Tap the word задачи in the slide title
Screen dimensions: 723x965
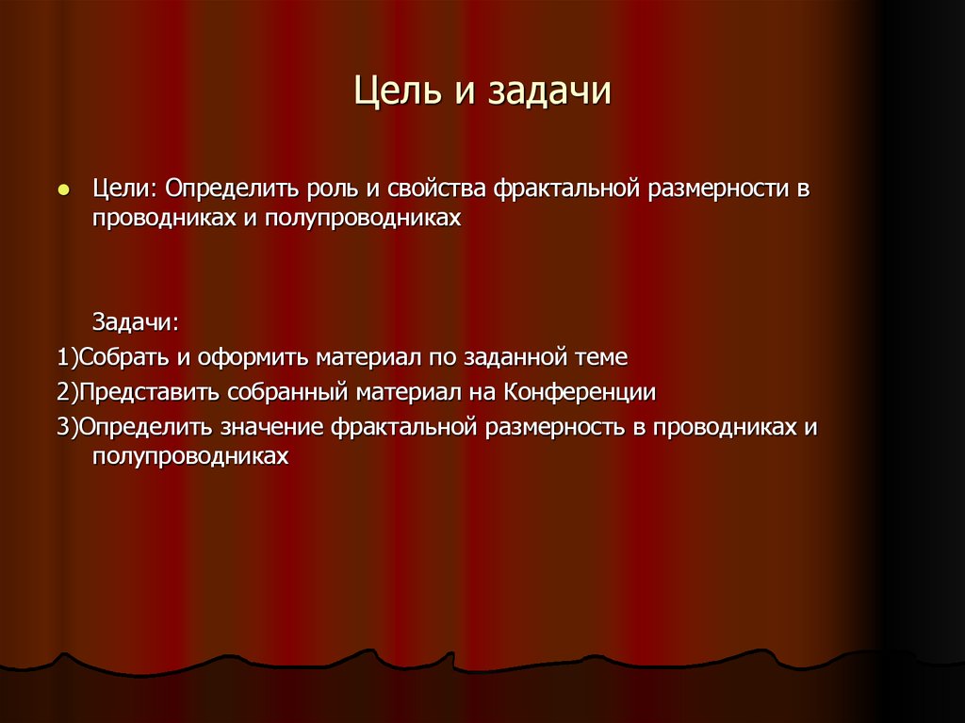(x=548, y=93)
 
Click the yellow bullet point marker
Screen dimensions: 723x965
(x=63, y=189)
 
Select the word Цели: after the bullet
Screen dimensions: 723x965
(x=125, y=189)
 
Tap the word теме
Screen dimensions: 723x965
(x=599, y=358)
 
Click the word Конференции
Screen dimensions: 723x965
(x=580, y=392)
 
